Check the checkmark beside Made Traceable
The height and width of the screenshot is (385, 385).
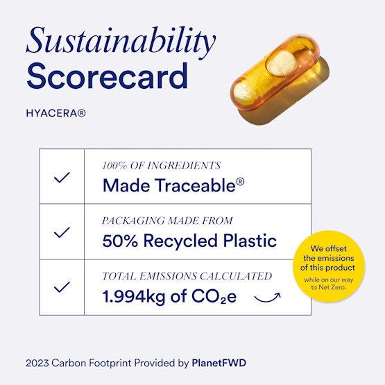tap(62, 177)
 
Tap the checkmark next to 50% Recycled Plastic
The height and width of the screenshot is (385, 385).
tap(62, 232)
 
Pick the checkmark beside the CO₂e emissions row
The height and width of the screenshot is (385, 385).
tap(62, 286)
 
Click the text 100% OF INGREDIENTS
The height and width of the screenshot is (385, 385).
tap(161, 166)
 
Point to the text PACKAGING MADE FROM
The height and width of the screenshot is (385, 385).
tap(173, 221)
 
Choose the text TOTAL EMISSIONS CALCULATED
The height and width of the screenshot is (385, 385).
tap(187, 275)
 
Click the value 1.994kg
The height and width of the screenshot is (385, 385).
tap(134, 297)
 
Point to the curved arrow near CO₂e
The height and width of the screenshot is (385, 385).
tap(267, 299)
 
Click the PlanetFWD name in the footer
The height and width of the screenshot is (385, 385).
tap(219, 363)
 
